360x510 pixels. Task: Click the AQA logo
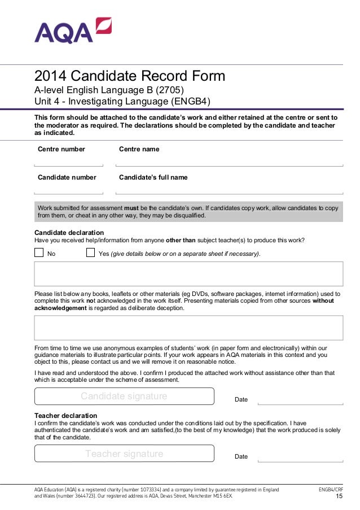[73, 31]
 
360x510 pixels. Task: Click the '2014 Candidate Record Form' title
[130, 76]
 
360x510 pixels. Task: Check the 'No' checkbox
[39, 252]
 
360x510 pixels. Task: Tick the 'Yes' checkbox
[90, 252]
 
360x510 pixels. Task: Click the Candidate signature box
[124, 396]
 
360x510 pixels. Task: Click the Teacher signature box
[124, 454]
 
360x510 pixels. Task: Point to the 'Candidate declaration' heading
[69, 233]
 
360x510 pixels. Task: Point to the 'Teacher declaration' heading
[65, 415]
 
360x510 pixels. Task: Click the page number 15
[339, 496]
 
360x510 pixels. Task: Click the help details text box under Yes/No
[188, 274]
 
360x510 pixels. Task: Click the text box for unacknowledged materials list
[188, 328]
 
